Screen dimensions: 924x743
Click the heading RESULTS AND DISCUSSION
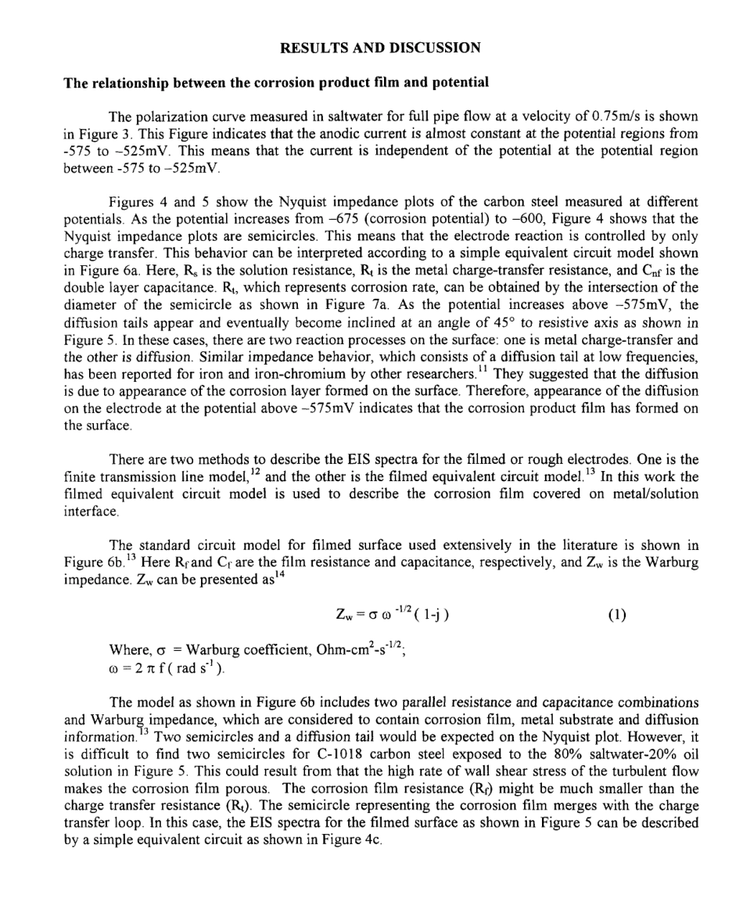click(380, 48)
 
